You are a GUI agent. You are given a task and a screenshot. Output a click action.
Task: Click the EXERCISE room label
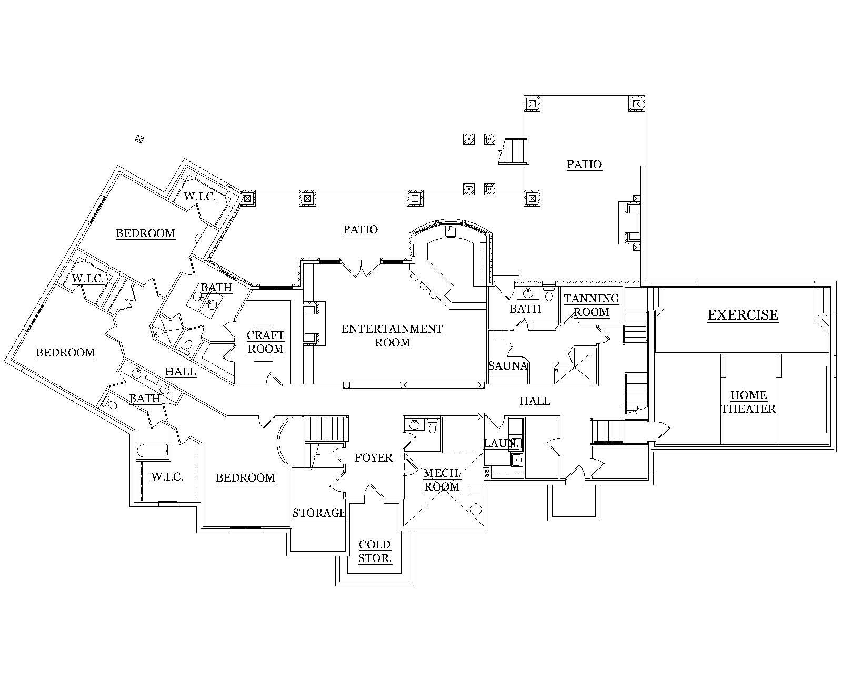[x=743, y=315]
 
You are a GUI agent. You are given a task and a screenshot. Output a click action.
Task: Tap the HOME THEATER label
[x=748, y=402]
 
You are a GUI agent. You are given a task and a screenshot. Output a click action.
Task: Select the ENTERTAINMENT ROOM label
[x=392, y=336]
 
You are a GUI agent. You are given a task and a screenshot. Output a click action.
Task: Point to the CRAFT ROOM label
[x=266, y=342]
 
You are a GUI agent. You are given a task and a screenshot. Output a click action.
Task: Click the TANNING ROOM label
[x=592, y=305]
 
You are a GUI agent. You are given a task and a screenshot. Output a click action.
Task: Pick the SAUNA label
[x=508, y=366]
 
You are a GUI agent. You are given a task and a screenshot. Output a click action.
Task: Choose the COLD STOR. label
[x=375, y=552]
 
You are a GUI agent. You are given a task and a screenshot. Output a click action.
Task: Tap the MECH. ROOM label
[x=442, y=480]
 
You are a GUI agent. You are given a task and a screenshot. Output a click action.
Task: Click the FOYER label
[x=374, y=458]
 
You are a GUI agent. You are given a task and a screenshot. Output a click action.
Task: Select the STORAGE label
[x=319, y=513]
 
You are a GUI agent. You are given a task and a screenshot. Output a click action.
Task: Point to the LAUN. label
[x=501, y=444]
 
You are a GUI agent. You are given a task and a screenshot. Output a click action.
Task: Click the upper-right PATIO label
[x=584, y=165]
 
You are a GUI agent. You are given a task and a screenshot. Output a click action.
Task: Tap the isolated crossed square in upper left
[x=139, y=139]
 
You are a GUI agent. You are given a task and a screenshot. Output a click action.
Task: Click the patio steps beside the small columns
[x=514, y=151]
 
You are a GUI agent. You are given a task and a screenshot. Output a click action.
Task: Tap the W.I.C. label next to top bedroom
[x=200, y=197]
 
